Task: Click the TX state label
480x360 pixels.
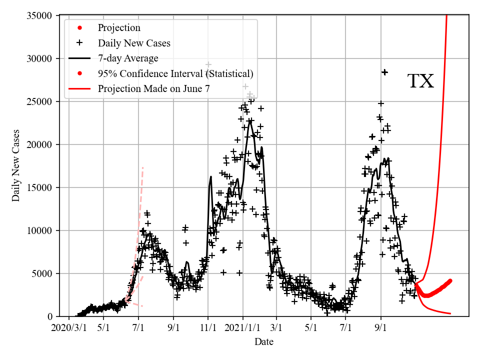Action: [420, 81]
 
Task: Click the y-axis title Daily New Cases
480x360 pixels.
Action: [16, 165]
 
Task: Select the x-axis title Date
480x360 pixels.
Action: [263, 342]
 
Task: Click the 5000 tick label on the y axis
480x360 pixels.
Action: [43, 273]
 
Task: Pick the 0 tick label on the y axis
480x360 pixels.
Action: [49, 316]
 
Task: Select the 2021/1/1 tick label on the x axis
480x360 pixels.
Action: [243, 328]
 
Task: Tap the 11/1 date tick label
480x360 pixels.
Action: [208, 328]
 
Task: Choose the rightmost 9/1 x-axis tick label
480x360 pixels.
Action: [381, 328]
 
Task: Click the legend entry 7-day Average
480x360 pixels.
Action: [128, 58]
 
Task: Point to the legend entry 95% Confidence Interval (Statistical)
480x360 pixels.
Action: [175, 74]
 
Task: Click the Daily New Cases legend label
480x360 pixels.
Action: [134, 43]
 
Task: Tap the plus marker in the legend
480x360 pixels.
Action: [79, 43]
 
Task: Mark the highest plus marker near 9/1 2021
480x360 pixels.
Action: [384, 72]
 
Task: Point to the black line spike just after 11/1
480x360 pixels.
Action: [211, 177]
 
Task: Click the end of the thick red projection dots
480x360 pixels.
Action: [450, 280]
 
